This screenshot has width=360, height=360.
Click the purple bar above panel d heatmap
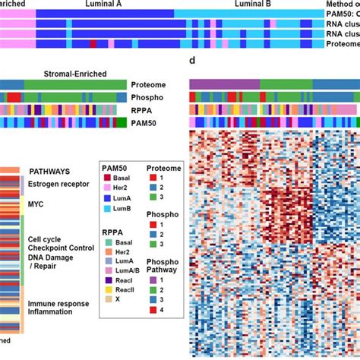coord(224,84)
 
